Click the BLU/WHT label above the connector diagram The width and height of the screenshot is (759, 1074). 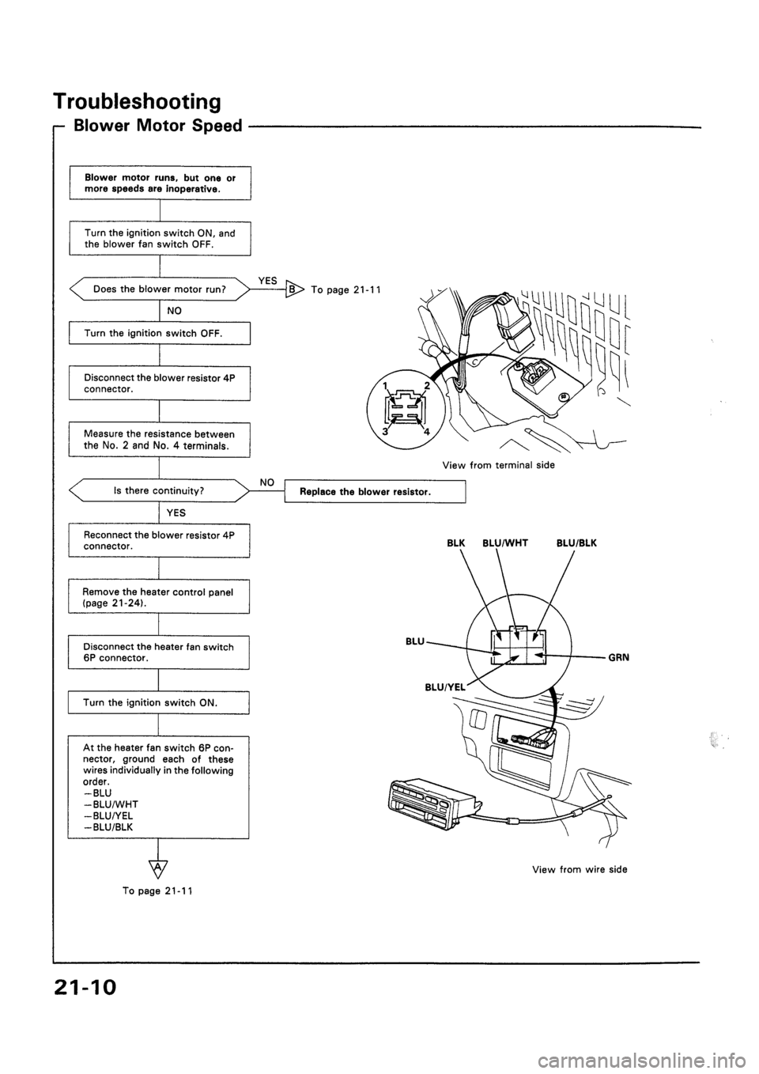(x=501, y=544)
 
